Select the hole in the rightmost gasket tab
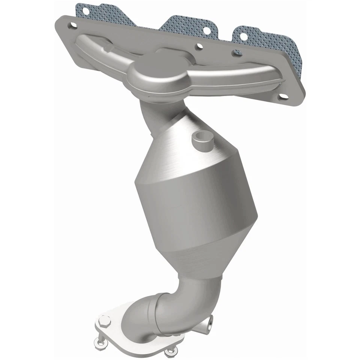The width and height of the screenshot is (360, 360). click(243, 36)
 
